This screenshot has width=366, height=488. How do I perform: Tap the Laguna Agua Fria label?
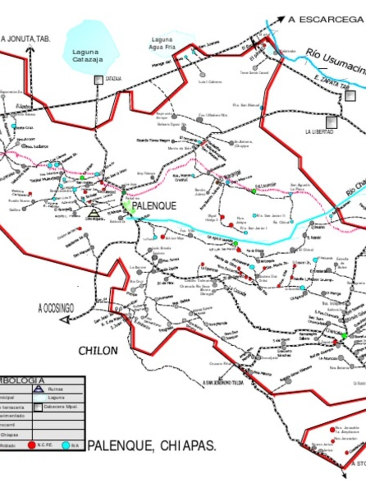point(162,43)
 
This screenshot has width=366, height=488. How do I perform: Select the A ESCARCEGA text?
point(325,20)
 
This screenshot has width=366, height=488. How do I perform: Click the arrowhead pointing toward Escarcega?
point(280,20)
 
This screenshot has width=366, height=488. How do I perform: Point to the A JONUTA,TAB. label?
point(26,39)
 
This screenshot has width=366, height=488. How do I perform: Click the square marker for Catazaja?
point(98,80)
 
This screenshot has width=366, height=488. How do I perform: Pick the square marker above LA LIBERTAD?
point(331,122)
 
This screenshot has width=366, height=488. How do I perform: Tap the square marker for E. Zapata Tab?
point(350,96)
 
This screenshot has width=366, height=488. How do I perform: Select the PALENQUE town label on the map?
point(154,206)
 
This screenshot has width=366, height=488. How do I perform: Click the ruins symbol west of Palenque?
point(94,213)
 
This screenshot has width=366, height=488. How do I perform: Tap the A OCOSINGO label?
point(56,308)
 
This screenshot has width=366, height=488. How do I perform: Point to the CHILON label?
point(98,351)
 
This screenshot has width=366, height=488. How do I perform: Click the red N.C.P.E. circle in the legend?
point(31,445)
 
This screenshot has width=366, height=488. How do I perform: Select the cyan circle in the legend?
point(65,445)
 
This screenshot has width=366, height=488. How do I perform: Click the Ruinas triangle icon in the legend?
point(39,389)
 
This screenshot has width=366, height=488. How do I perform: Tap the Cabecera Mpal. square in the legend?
point(38,407)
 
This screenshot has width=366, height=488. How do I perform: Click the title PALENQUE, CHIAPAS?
point(152,446)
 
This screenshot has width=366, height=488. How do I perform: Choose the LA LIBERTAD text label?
point(319,132)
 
